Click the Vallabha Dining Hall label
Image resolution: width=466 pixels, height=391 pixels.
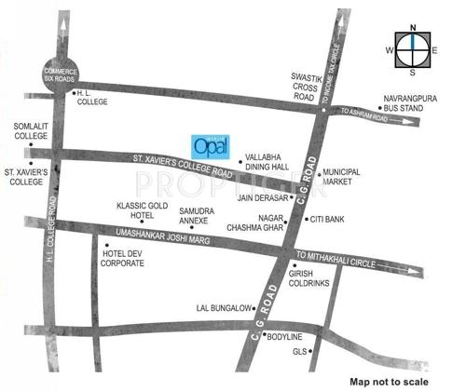263,161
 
